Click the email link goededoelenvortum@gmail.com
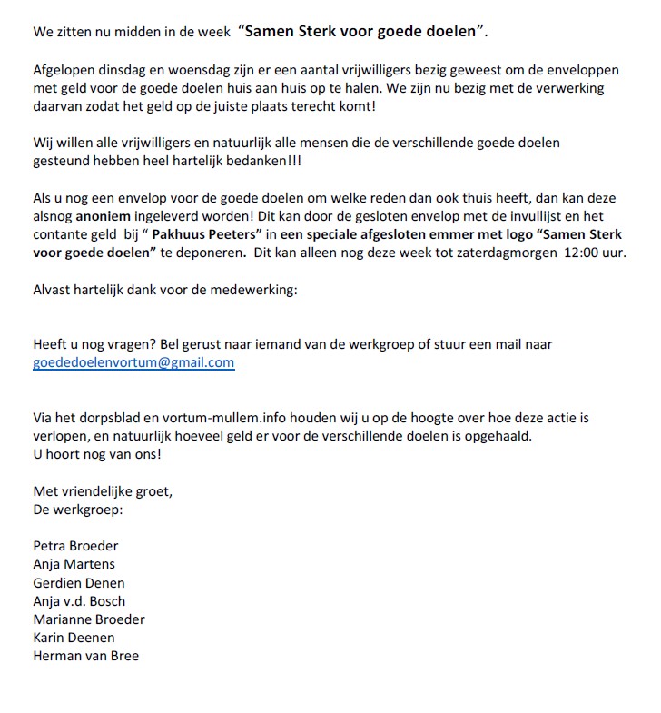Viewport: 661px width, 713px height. click(x=133, y=361)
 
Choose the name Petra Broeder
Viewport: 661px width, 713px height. click(x=75, y=546)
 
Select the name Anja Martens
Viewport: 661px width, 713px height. click(x=74, y=564)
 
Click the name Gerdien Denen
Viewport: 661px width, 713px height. click(x=79, y=582)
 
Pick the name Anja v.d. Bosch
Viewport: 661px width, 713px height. click(x=79, y=600)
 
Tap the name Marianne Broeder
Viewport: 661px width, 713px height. click(x=89, y=619)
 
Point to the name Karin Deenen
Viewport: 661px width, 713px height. click(x=74, y=637)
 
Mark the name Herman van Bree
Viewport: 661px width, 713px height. click(x=85, y=655)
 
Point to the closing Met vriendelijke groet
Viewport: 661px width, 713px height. click(x=102, y=490)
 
